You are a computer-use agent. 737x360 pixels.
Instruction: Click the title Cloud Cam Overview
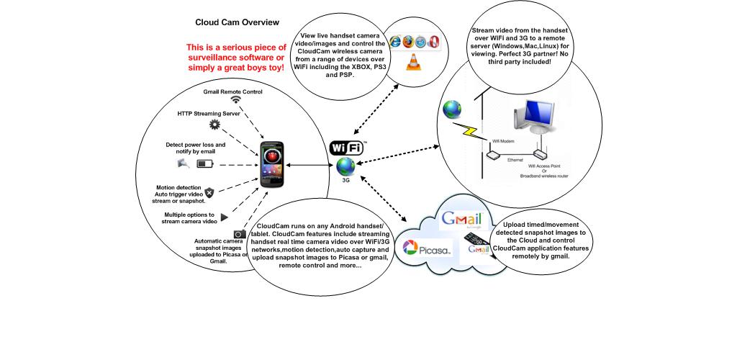click(x=237, y=22)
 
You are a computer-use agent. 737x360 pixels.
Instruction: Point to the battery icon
click(x=206, y=163)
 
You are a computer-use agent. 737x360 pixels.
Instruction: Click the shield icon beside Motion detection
click(x=209, y=192)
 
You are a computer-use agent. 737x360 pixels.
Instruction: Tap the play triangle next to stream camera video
click(x=224, y=216)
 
